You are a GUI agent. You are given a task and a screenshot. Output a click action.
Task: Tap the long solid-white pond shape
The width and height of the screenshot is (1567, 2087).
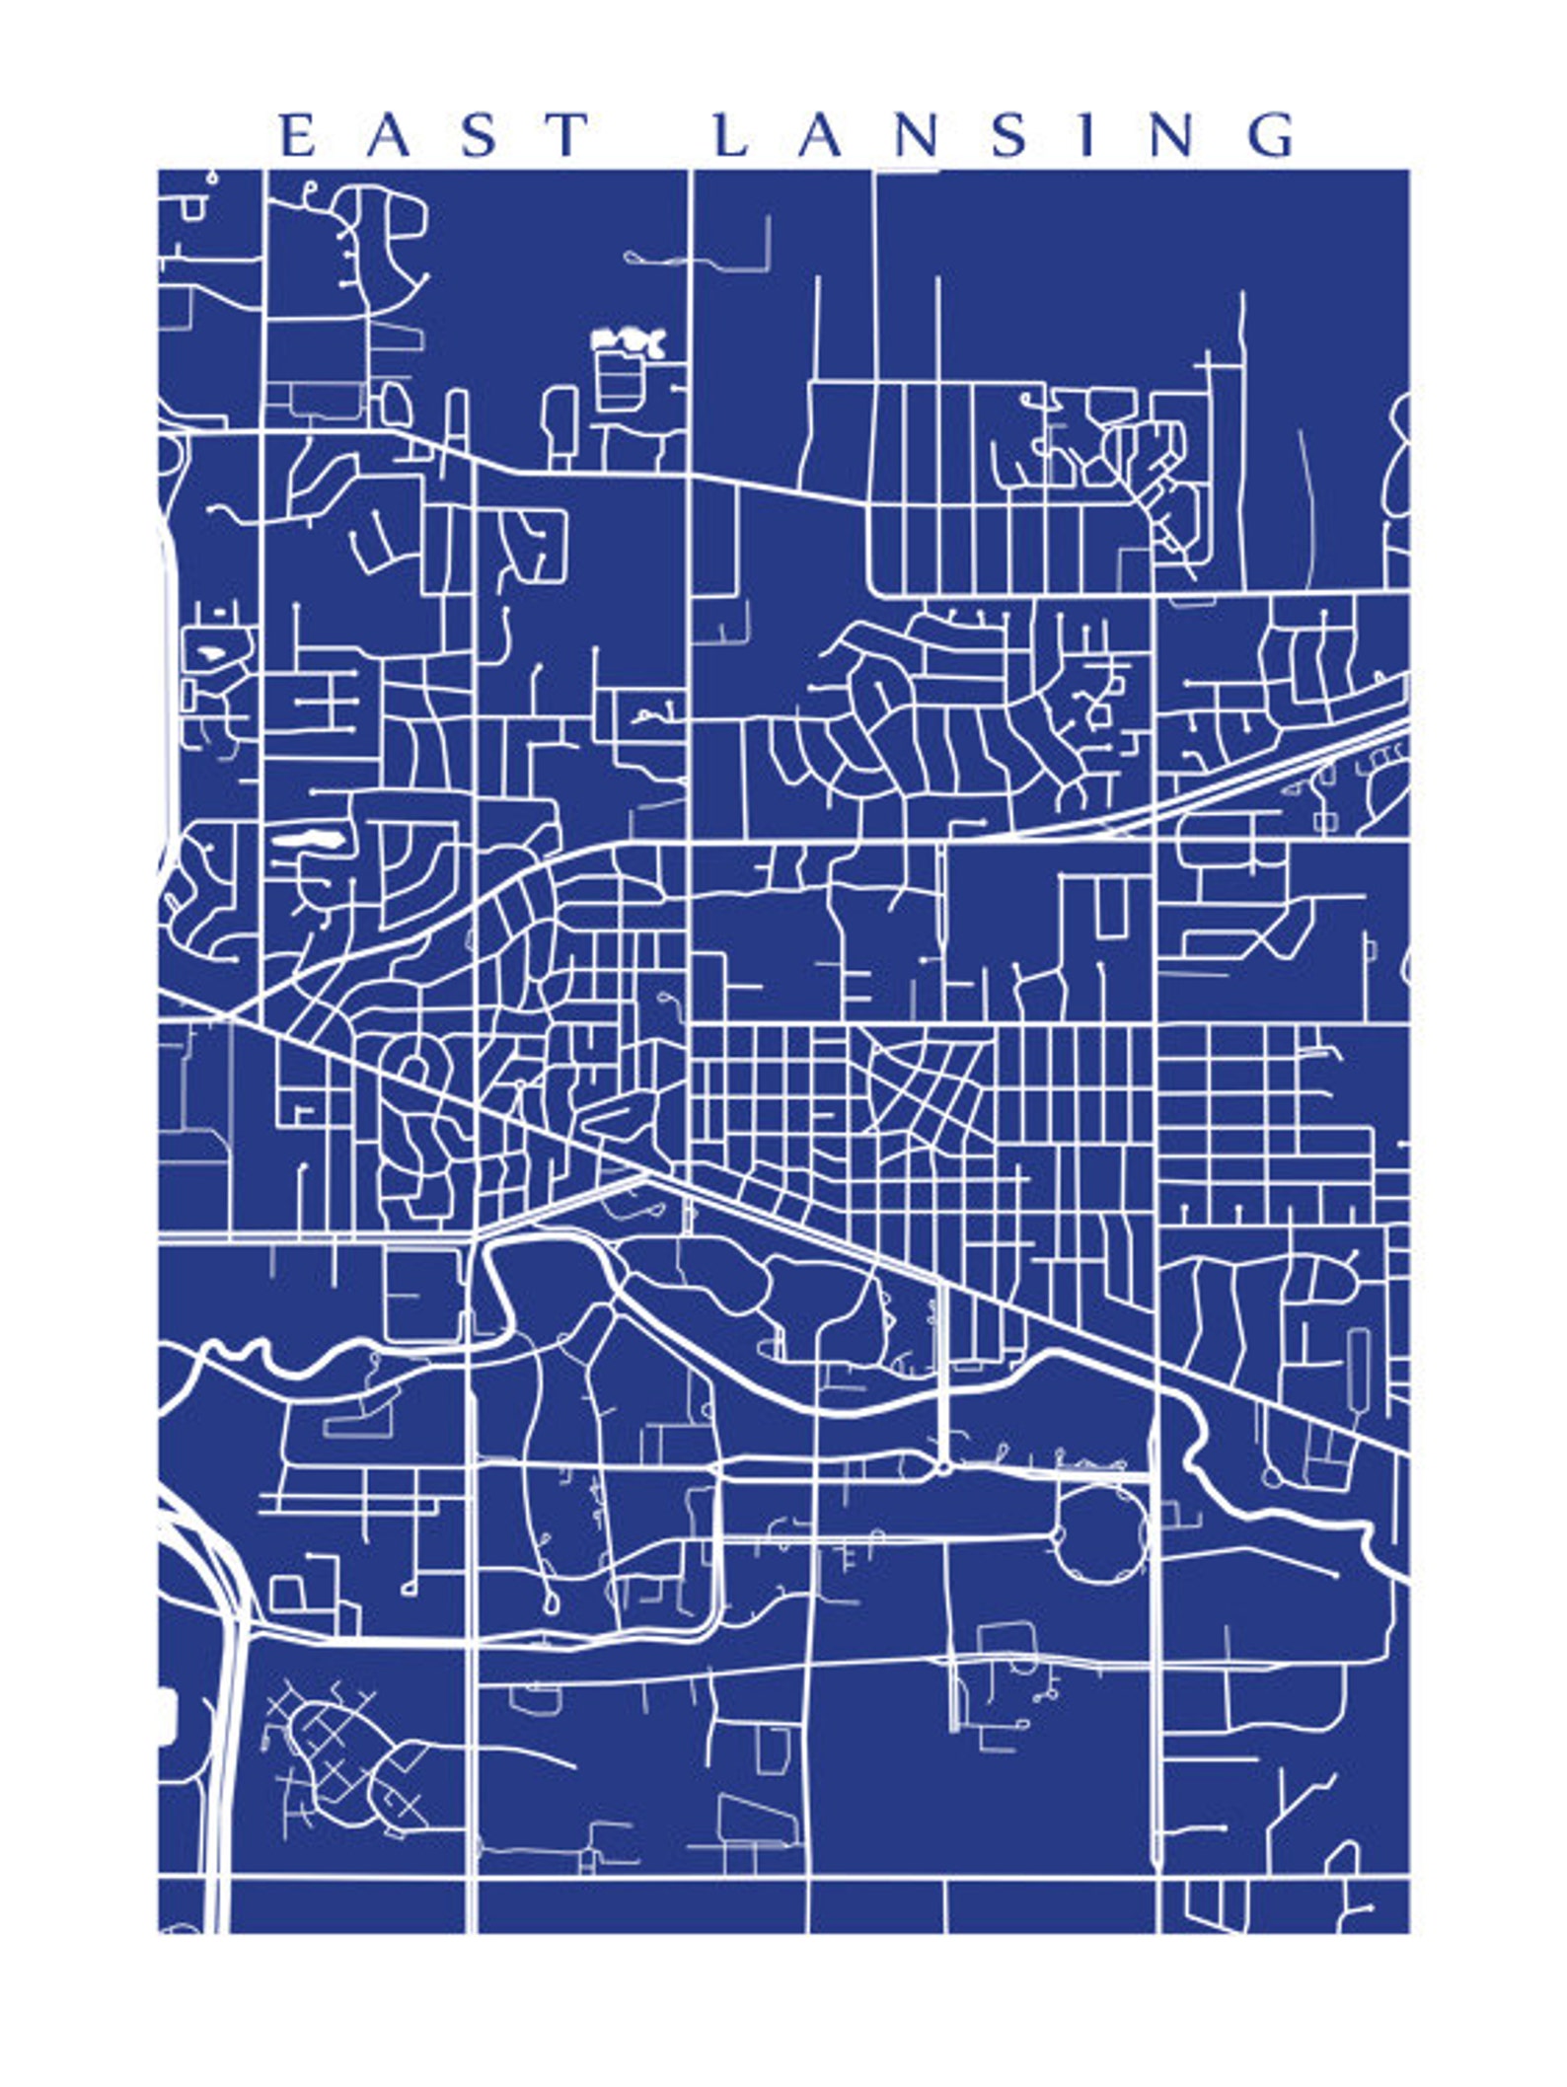309,841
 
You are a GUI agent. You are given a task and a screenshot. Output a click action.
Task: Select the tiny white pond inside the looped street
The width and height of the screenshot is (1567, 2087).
210,652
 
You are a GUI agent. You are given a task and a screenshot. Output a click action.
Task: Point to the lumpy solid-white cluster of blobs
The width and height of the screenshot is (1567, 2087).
628,340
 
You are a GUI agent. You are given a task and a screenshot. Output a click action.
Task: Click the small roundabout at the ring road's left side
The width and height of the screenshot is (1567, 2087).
1059,1535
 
